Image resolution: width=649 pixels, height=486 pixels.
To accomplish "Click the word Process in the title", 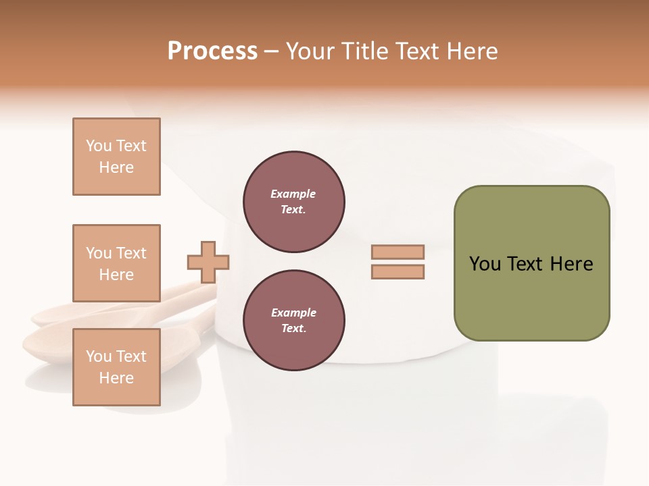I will [x=212, y=51].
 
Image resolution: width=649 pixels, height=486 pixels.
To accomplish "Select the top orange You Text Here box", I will [x=116, y=157].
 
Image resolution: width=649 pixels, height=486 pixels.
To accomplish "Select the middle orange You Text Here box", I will [x=116, y=263].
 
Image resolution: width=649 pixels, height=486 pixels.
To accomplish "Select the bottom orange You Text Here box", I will [x=116, y=367].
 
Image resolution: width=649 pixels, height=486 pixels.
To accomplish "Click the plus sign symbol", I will [x=208, y=262].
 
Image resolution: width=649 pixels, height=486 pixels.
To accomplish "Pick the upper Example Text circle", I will [x=294, y=202].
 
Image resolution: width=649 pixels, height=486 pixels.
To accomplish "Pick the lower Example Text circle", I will [x=294, y=321].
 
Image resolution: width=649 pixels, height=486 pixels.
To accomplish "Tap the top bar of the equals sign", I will [x=398, y=252].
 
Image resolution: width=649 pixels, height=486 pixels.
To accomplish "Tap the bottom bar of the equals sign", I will [x=398, y=272].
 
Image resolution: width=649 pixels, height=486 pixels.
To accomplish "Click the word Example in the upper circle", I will [x=293, y=194].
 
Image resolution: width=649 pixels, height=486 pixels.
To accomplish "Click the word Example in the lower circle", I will [x=293, y=313].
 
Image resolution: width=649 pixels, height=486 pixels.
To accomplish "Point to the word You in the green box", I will [x=485, y=264].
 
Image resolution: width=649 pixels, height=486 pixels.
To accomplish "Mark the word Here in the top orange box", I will [x=116, y=167].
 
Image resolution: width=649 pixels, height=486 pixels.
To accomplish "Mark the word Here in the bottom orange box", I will [x=116, y=378].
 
